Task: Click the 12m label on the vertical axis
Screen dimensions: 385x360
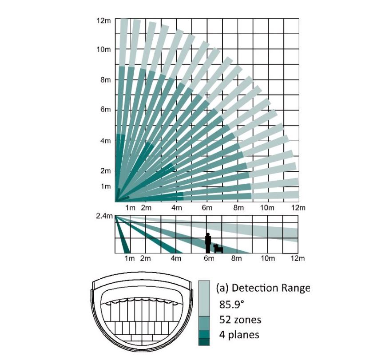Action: coord(104,21)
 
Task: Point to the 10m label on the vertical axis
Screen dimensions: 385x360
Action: coord(104,50)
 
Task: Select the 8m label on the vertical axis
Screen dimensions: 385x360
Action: coord(106,80)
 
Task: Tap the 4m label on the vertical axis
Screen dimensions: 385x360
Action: coord(106,141)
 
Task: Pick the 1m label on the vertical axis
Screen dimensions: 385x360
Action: coord(106,186)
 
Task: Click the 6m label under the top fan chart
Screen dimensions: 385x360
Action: coord(207,208)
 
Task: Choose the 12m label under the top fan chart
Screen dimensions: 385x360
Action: coord(298,208)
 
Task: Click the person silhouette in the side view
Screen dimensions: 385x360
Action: coord(208,243)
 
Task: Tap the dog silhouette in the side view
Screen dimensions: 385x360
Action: coord(218,248)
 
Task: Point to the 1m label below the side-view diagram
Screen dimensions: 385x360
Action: coord(130,258)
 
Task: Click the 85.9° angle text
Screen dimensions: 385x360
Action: coord(232,305)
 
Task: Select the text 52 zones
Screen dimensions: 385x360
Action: coord(240,320)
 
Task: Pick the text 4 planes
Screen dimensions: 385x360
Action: coord(239,335)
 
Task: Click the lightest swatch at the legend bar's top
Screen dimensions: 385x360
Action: coord(204,298)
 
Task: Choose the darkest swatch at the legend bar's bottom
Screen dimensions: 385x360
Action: coord(204,342)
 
